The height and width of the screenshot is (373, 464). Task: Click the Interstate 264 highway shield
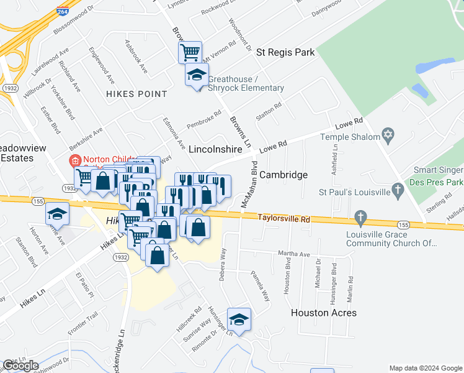coord(62,11)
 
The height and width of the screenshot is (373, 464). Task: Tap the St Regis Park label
coord(286,52)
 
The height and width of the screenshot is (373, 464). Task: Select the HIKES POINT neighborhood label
coord(136,94)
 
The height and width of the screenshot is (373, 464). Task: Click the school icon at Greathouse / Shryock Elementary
coord(197,75)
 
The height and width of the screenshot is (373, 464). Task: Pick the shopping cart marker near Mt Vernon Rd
coord(190,51)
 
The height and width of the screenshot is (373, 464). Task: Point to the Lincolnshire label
coord(214,150)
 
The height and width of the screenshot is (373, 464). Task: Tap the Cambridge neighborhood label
coord(283,175)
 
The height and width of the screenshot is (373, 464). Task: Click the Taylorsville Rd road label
coord(283,218)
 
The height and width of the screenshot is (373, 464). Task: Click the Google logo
coord(21,366)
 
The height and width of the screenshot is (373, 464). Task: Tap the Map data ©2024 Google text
coord(425,367)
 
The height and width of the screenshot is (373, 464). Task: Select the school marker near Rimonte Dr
coord(239,320)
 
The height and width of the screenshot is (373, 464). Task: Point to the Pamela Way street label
coord(261,285)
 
